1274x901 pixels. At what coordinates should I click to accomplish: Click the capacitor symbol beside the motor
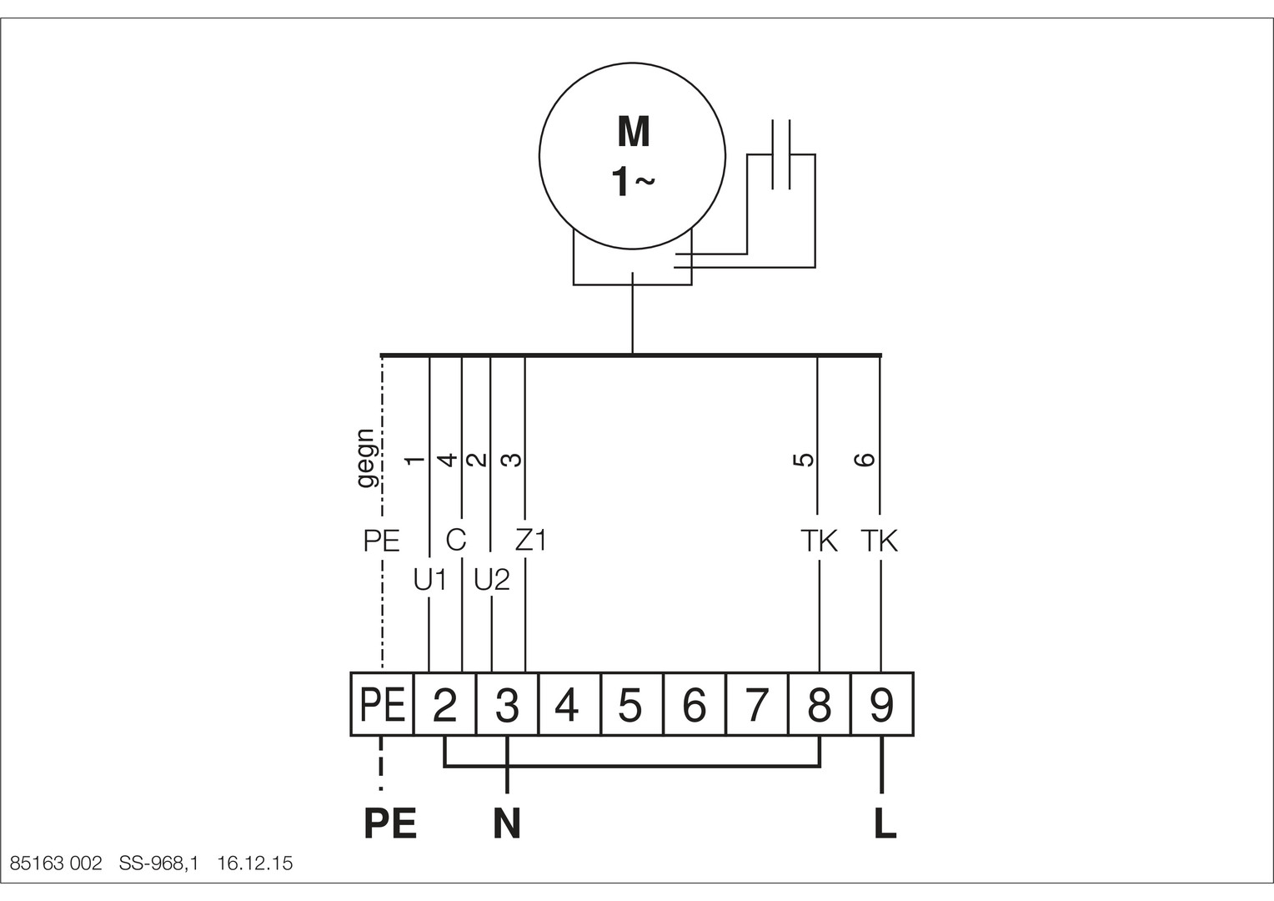(x=781, y=154)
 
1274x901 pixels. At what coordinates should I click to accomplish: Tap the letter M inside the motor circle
(x=634, y=132)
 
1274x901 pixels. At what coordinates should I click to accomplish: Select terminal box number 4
(x=569, y=704)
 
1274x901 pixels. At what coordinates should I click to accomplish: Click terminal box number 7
(x=757, y=704)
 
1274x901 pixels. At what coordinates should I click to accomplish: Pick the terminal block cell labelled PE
(x=382, y=704)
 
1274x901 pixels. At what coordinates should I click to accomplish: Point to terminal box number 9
(x=882, y=704)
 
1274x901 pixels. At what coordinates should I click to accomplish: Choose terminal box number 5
(x=632, y=704)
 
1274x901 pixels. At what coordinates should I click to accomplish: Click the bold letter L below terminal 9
(x=885, y=823)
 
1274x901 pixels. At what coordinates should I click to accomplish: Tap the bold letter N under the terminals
(x=507, y=823)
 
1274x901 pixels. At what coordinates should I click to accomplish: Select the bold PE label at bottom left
(x=390, y=823)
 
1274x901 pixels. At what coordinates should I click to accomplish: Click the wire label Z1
(x=531, y=540)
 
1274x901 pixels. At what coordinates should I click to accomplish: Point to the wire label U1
(x=430, y=581)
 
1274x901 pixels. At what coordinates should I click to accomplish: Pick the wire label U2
(x=492, y=581)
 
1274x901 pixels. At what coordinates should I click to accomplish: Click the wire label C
(x=456, y=540)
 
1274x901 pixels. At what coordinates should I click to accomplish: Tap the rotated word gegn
(x=366, y=458)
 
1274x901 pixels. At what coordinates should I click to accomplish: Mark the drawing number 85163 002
(x=56, y=863)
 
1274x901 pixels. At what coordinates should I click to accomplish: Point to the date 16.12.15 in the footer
(x=255, y=863)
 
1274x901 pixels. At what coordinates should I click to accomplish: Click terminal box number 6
(x=695, y=704)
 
